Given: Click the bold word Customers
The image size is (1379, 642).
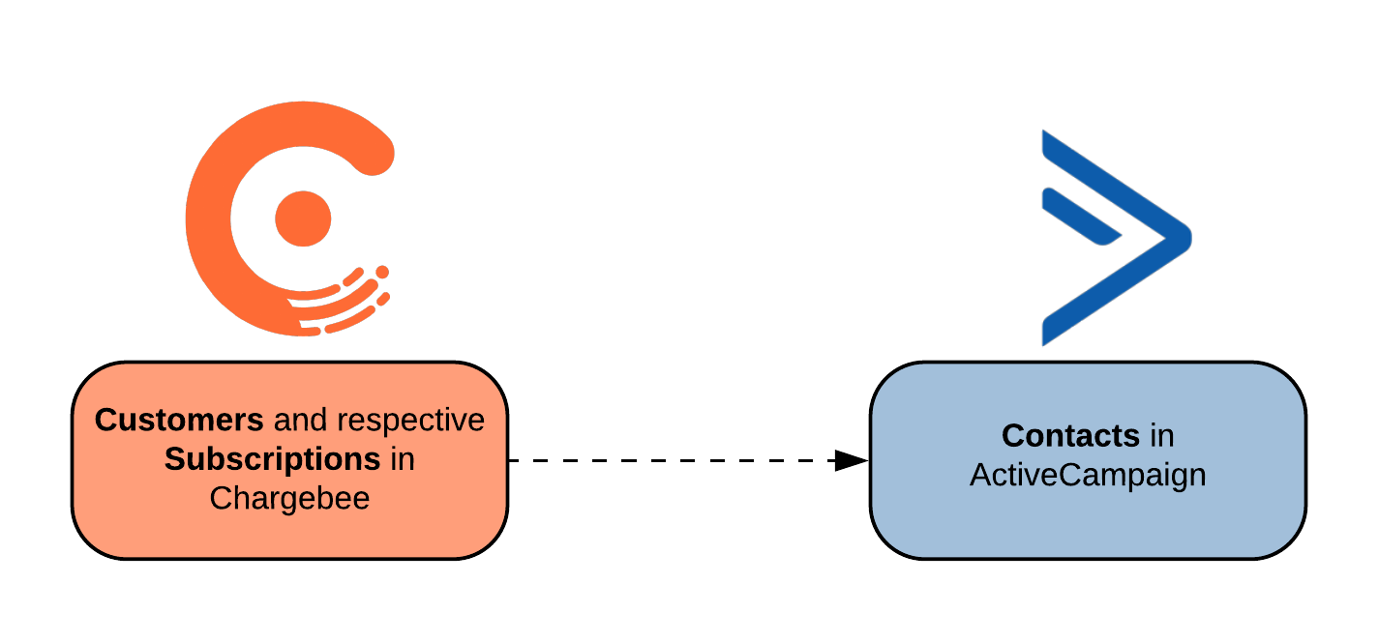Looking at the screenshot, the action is [x=179, y=420].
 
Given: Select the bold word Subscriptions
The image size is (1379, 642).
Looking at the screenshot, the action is [x=272, y=459].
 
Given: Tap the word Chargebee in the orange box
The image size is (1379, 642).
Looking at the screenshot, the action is [x=289, y=499].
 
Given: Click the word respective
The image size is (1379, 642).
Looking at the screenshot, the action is [x=410, y=422].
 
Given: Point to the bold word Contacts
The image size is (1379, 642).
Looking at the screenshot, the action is [x=1070, y=436].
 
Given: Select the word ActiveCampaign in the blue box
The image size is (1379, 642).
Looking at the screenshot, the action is [x=1088, y=476].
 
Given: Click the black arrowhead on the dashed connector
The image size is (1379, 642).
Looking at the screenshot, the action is [x=852, y=460].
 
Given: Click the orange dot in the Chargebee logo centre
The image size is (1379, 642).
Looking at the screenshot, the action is [x=303, y=219].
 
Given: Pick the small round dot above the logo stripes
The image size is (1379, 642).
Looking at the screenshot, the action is [x=382, y=272].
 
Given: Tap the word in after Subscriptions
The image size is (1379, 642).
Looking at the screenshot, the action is [x=403, y=460].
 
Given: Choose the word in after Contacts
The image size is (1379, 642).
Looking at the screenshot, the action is [x=1161, y=437].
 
